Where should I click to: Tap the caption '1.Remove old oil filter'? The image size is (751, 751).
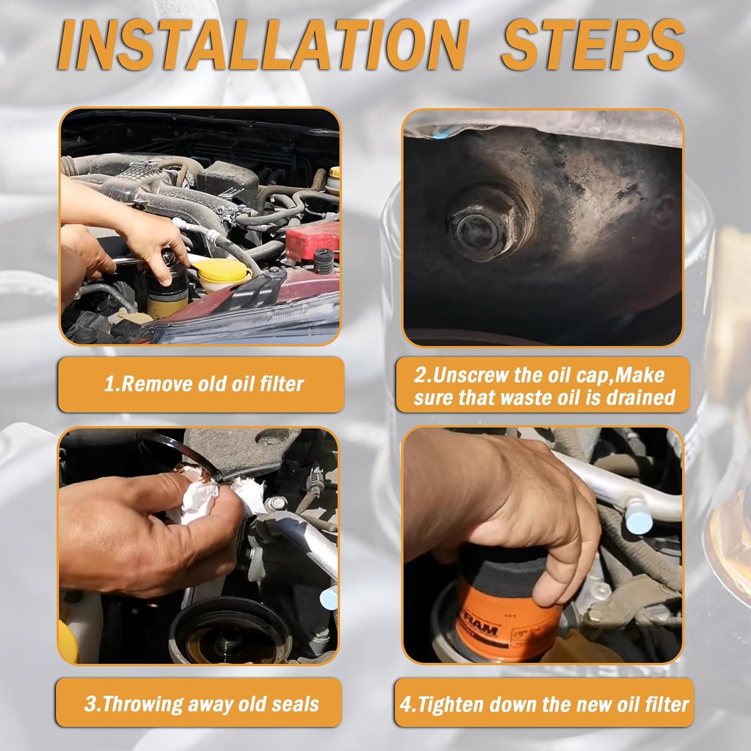(x=203, y=384)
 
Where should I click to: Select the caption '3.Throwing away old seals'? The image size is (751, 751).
(x=201, y=704)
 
